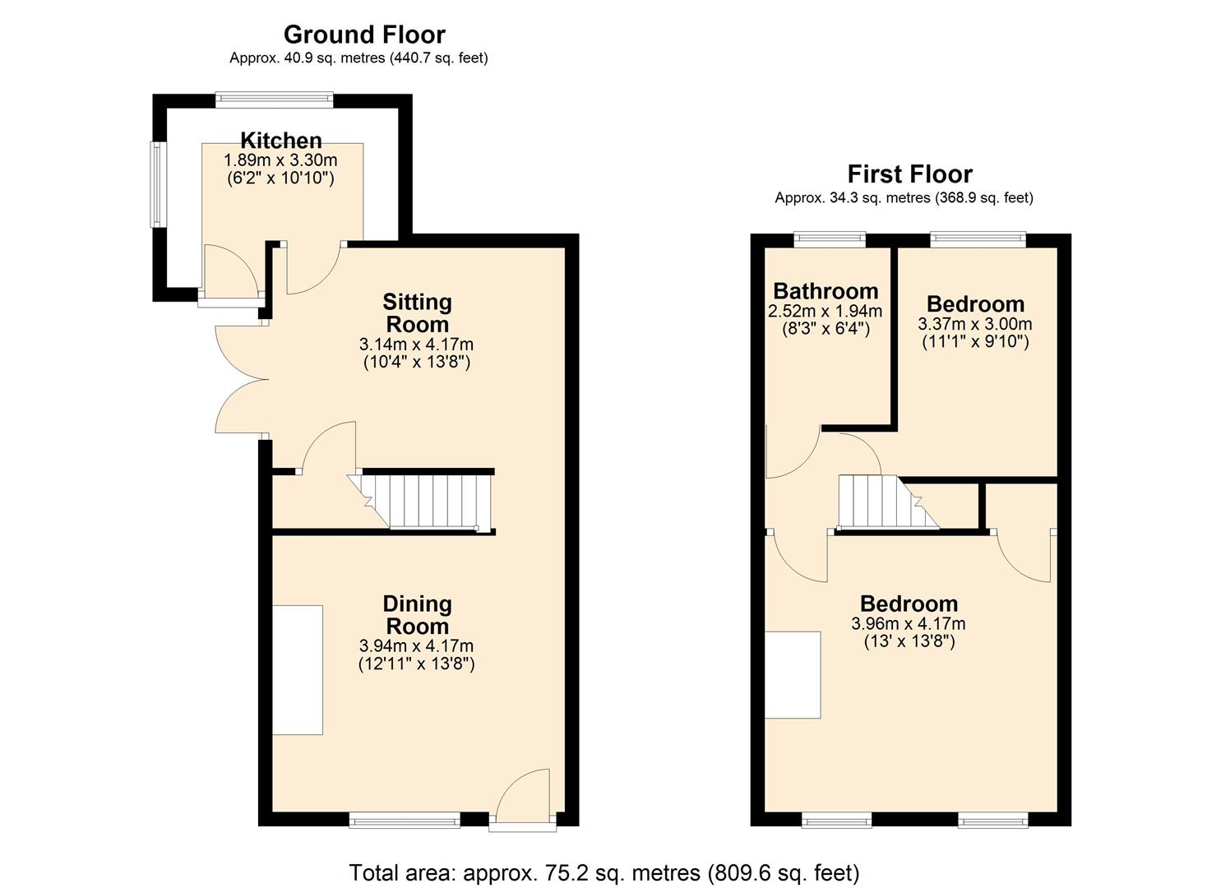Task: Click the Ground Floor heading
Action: (x=364, y=35)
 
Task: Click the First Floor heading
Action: (x=909, y=174)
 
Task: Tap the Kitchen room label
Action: (x=280, y=140)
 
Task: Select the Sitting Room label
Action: (x=417, y=313)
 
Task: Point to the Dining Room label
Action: (x=417, y=615)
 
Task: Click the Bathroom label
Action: (x=825, y=291)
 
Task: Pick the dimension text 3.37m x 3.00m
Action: (x=974, y=324)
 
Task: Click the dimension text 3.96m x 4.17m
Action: (x=909, y=624)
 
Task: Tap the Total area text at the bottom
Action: (x=604, y=872)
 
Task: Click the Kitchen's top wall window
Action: (x=275, y=100)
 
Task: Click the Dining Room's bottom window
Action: (x=404, y=819)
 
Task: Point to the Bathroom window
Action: (x=830, y=239)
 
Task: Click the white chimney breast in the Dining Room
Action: (x=298, y=669)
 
